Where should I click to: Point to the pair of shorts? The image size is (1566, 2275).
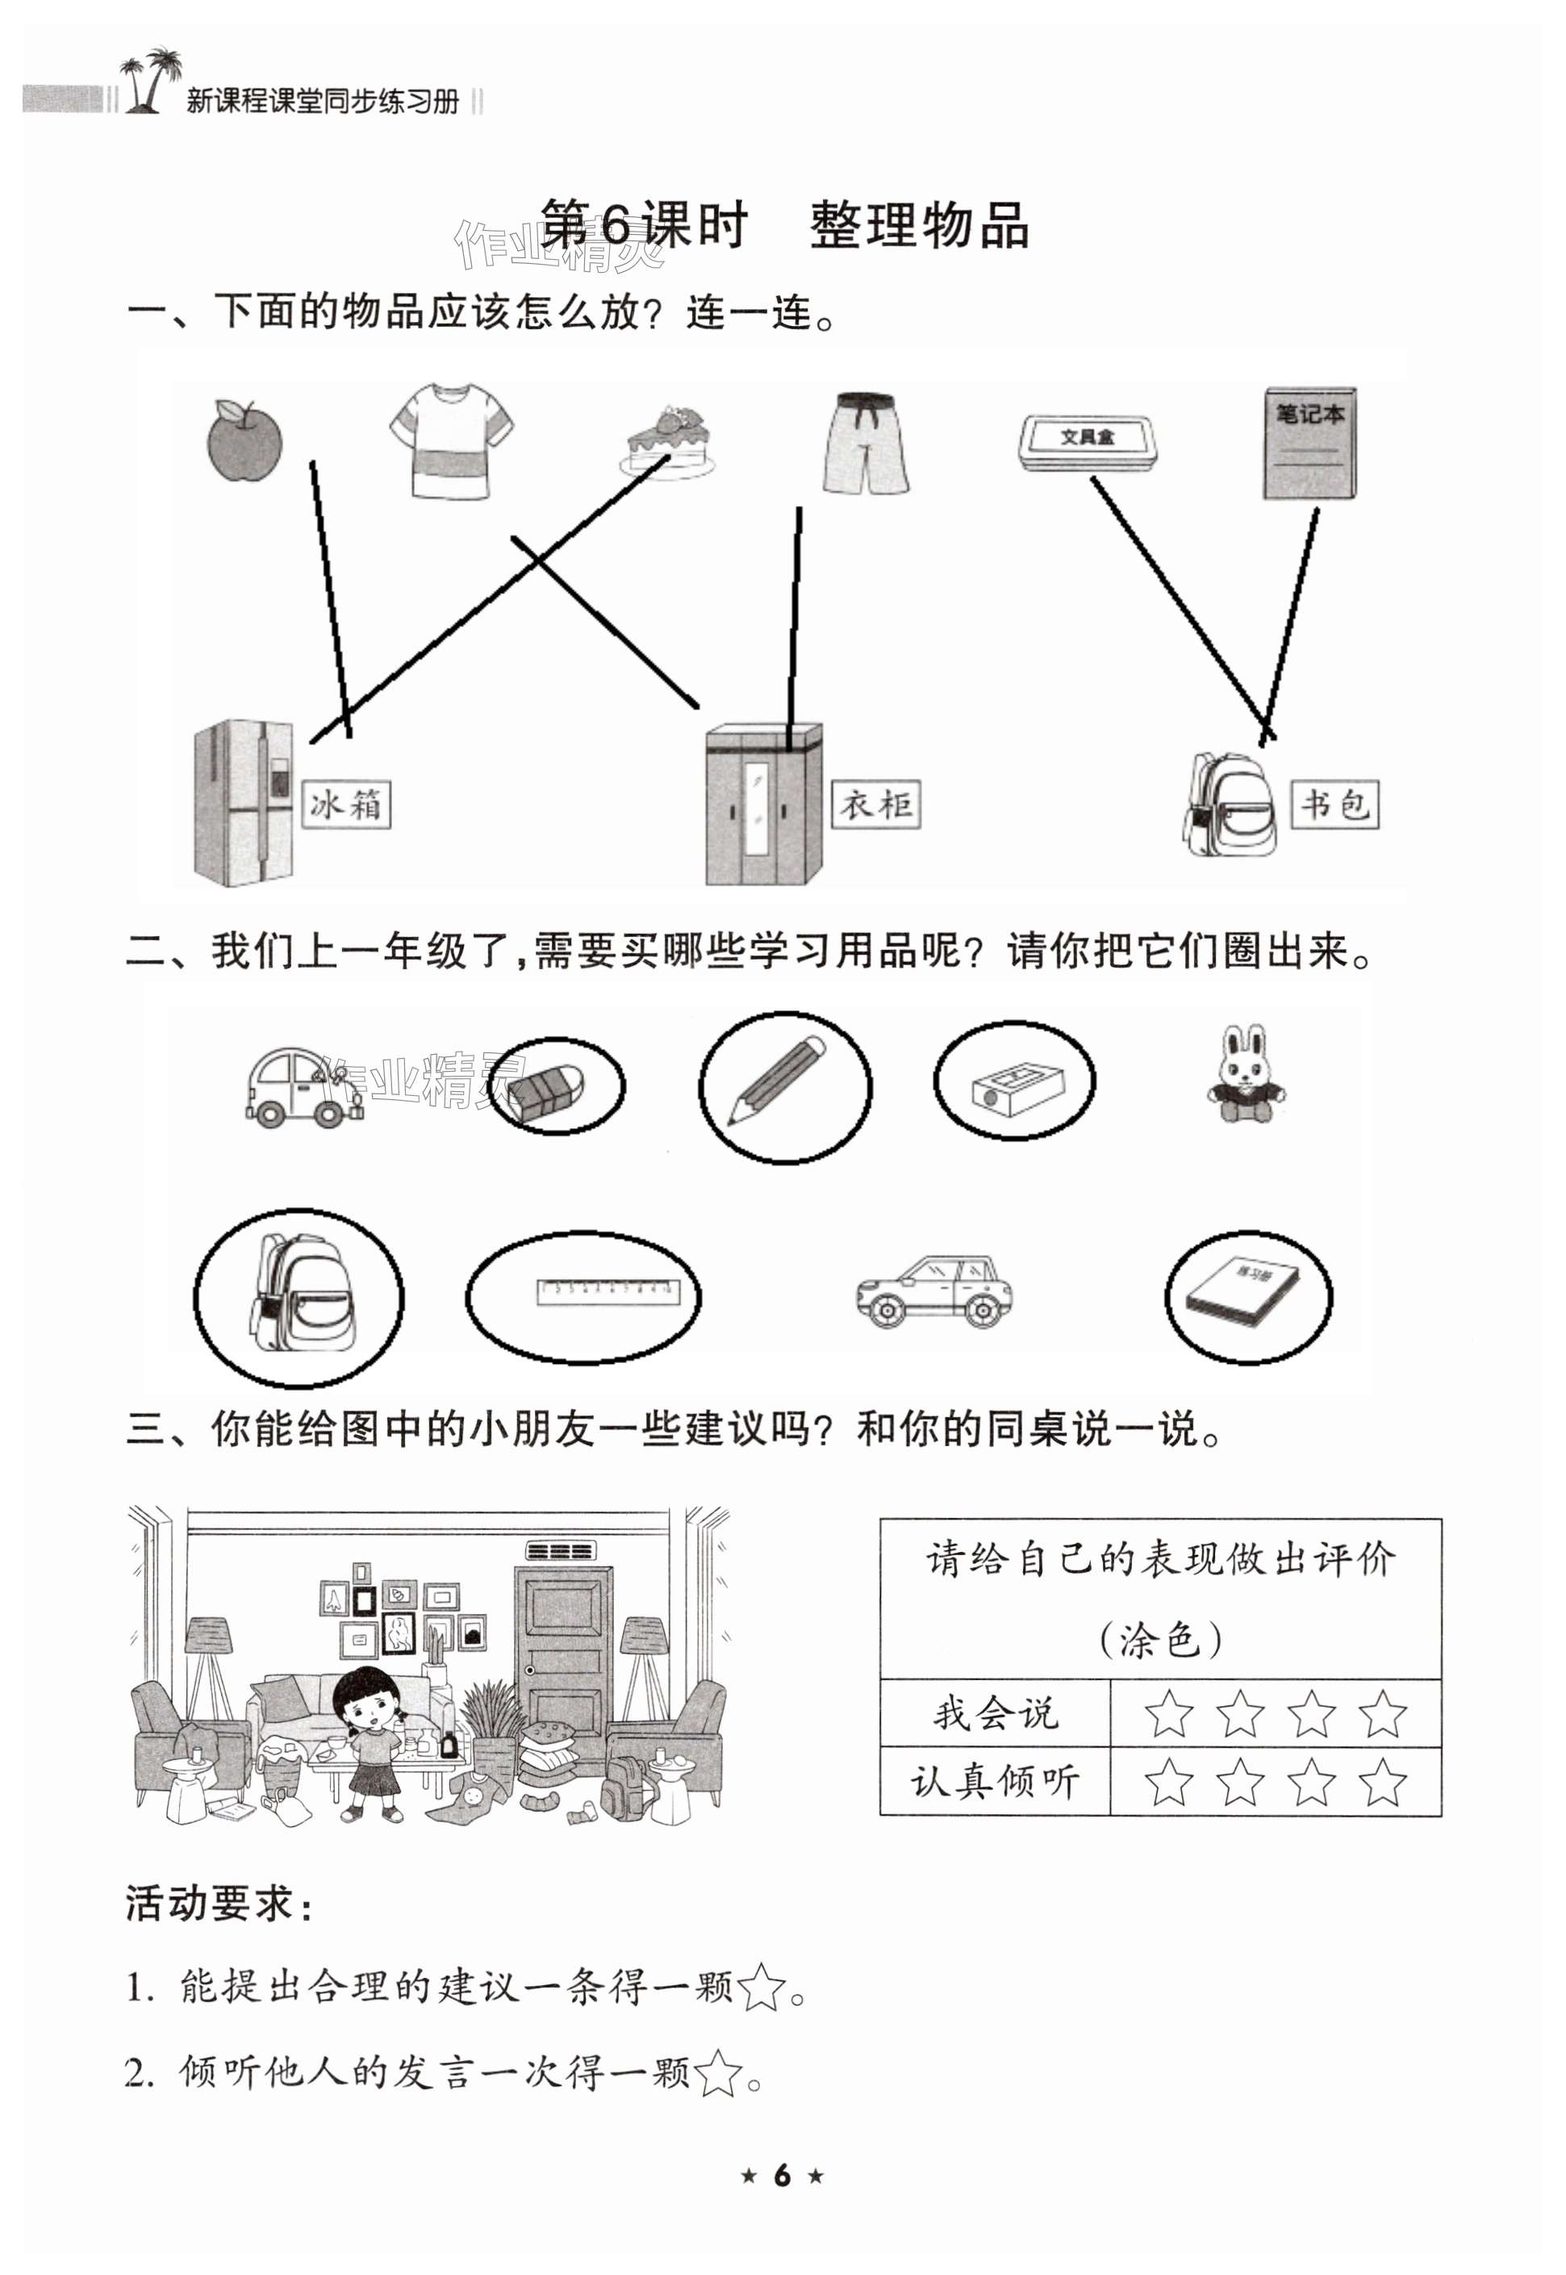coord(866,444)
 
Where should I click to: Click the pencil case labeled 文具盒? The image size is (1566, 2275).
coord(1088,442)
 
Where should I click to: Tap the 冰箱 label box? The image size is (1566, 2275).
coord(345,805)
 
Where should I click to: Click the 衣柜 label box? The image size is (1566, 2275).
coord(875,805)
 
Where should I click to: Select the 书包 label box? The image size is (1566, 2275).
coord(1334,805)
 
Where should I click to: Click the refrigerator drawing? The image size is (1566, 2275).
coord(244,802)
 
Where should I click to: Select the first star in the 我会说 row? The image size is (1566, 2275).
coord(1168,1715)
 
